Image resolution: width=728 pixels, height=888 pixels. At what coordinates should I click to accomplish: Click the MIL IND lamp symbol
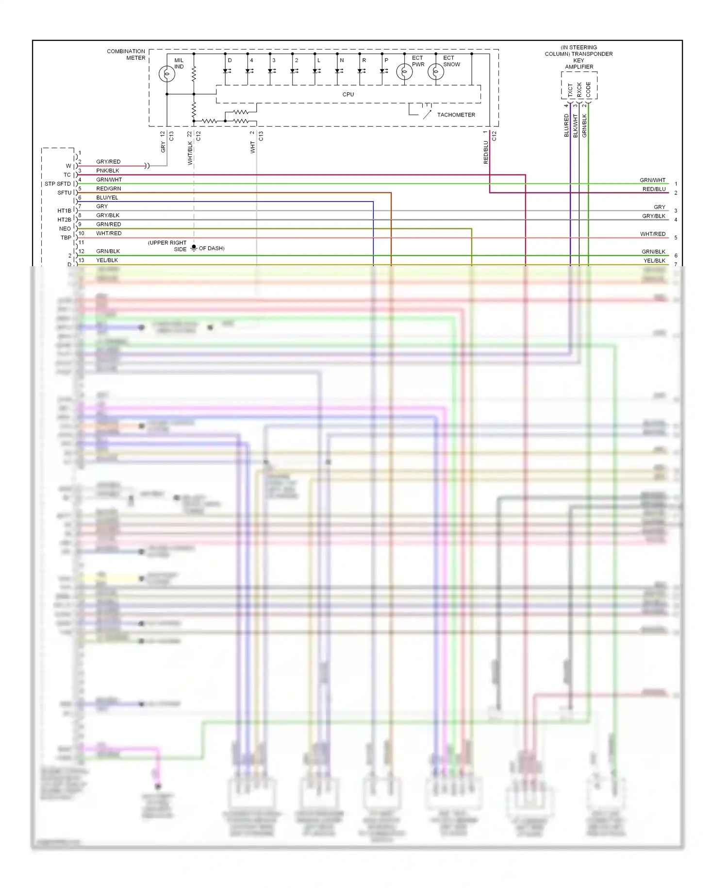click(167, 74)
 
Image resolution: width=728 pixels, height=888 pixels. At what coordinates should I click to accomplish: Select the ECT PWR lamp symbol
click(404, 72)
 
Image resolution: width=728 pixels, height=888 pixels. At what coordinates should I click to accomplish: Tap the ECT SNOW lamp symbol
click(435, 72)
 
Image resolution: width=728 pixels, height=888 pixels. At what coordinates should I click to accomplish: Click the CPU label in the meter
click(348, 94)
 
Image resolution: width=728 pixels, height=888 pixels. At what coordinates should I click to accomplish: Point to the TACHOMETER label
click(456, 115)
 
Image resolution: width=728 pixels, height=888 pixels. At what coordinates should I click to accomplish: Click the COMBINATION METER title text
click(126, 54)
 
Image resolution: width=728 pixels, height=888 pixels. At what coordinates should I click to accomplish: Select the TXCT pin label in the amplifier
click(570, 89)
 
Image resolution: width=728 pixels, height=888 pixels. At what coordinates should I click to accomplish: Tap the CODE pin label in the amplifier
click(588, 89)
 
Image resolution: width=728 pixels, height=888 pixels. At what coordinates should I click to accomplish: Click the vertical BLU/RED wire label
click(566, 125)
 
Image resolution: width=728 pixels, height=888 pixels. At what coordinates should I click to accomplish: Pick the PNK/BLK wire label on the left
click(107, 171)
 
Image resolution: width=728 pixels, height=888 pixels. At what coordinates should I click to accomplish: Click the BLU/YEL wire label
click(107, 198)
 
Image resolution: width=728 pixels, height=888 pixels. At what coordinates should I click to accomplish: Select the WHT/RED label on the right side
click(652, 234)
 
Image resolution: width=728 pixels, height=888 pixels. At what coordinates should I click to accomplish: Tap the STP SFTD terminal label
click(58, 184)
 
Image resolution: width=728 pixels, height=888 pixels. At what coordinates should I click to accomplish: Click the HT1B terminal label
click(64, 211)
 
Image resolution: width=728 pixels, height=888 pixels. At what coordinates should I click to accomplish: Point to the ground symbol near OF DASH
click(194, 248)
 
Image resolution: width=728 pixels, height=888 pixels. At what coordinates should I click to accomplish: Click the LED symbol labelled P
click(382, 71)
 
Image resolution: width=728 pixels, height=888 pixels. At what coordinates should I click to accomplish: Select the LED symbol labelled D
click(226, 71)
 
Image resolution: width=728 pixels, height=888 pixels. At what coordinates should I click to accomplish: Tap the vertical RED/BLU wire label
click(486, 152)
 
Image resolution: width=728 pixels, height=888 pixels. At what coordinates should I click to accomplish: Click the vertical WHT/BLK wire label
click(190, 153)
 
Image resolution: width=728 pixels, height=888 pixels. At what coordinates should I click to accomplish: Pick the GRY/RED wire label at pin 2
click(108, 162)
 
